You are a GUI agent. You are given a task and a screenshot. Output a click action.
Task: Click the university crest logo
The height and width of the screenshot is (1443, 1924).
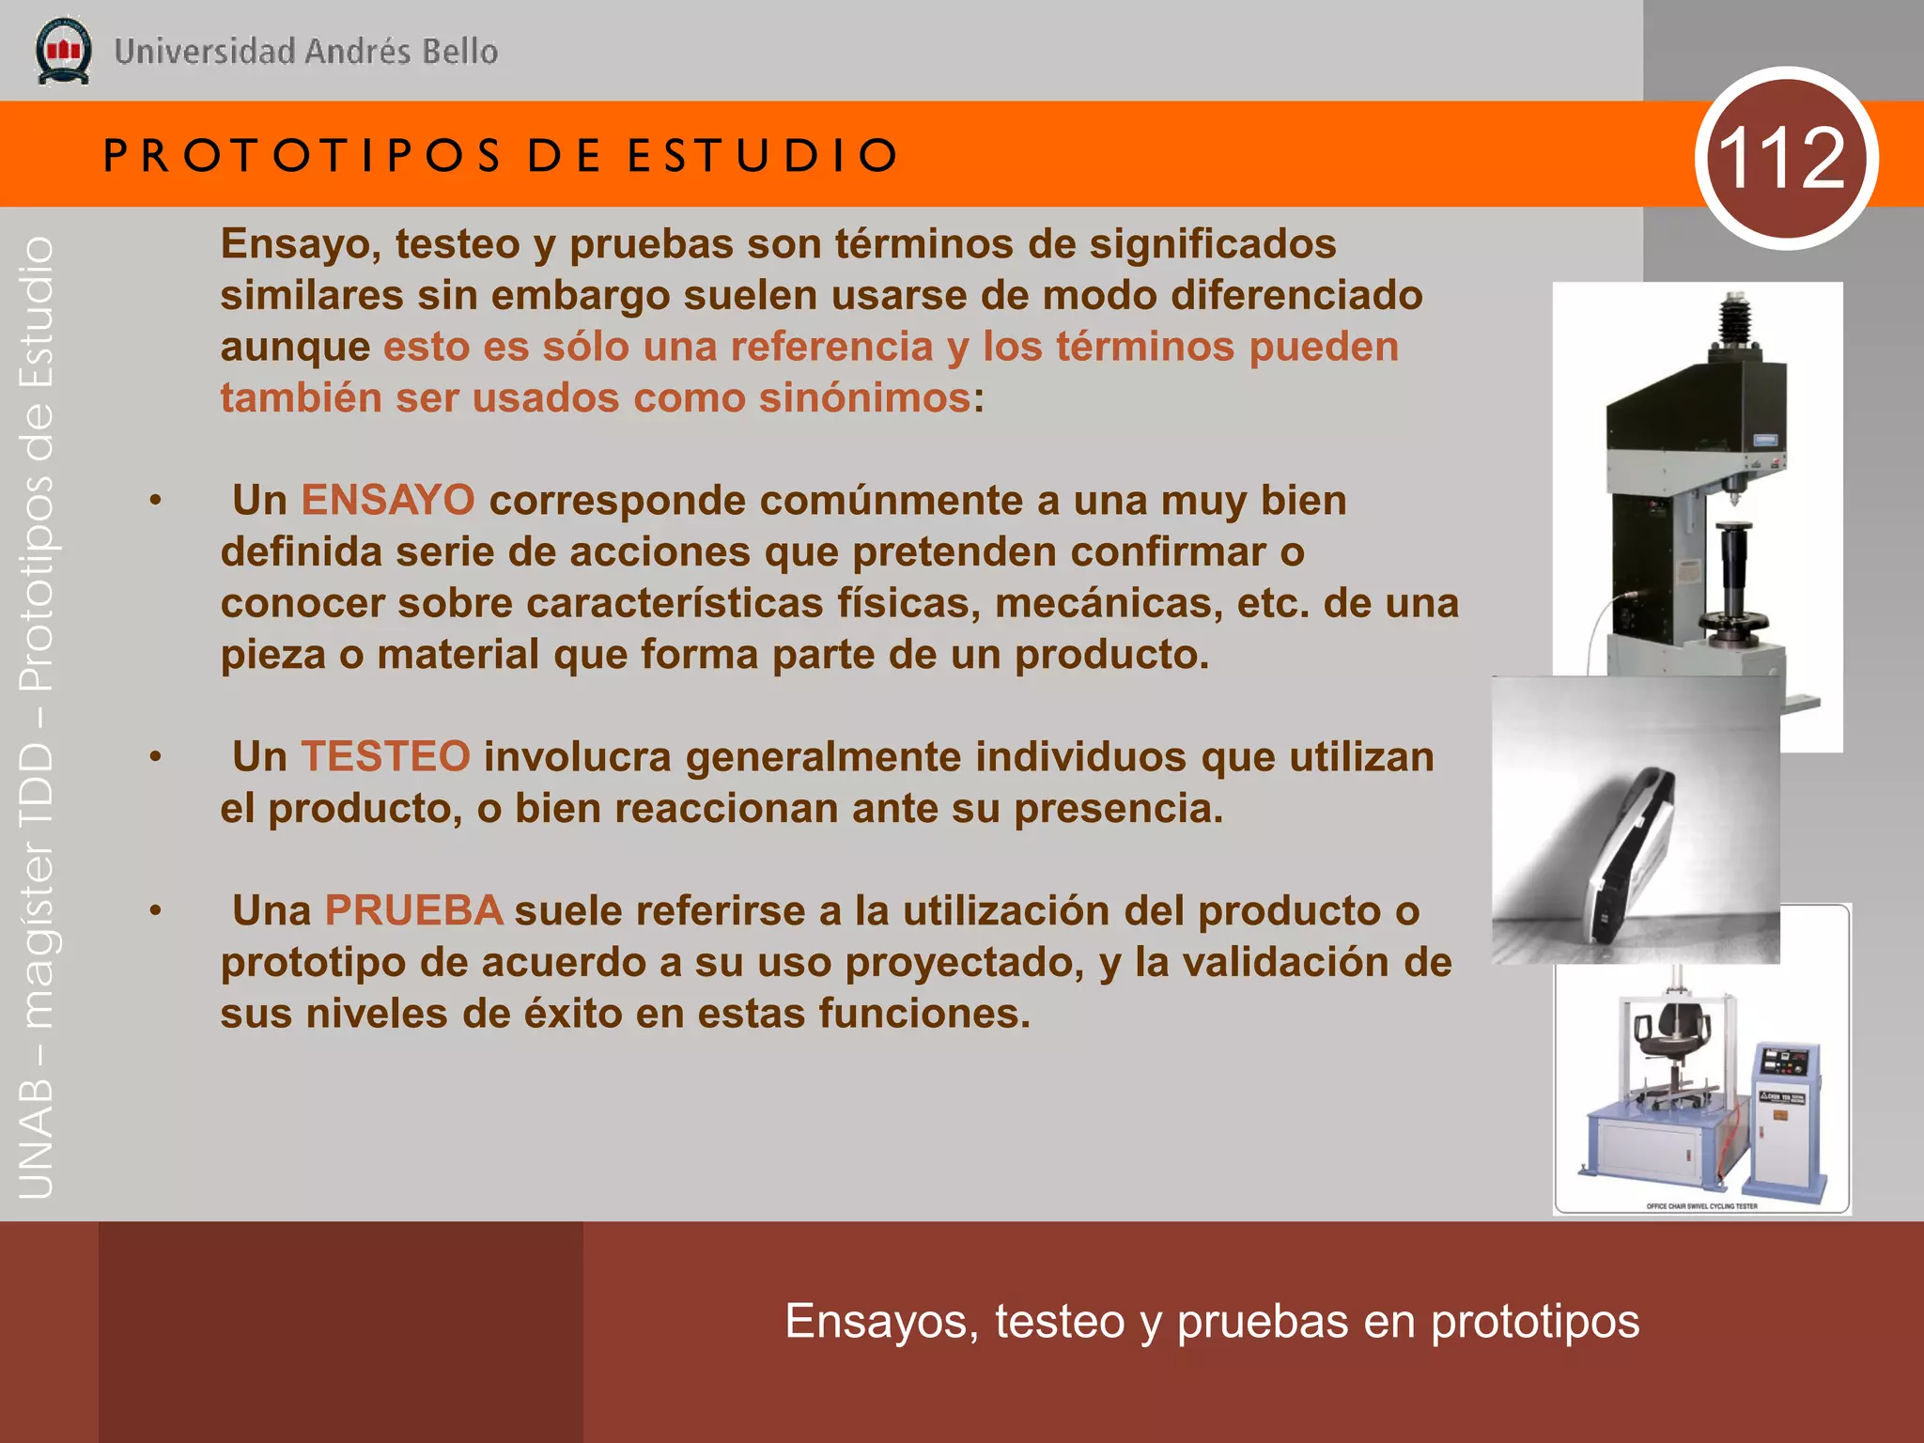coord(63,51)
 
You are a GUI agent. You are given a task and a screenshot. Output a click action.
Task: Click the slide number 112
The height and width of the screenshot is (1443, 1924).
coord(1785,158)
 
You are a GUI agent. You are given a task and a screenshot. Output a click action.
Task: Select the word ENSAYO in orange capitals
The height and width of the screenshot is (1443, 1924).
coord(387,500)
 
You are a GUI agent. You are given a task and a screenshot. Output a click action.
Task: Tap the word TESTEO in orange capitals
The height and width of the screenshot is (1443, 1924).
coord(384,756)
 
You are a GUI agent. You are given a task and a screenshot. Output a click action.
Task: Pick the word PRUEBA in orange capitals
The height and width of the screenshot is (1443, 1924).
coord(413,910)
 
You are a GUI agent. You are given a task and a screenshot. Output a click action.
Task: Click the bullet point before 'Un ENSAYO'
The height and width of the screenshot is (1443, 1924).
coord(156,501)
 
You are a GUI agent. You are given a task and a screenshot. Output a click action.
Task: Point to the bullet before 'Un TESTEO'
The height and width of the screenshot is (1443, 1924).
coord(156,757)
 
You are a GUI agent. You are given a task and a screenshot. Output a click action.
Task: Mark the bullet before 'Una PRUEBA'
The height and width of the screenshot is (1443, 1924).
coord(156,911)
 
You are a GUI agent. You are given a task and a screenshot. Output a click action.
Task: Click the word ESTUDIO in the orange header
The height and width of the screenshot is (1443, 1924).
coord(763,155)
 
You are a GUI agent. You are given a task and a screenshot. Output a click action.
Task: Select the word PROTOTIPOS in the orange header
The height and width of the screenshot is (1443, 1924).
coord(303,155)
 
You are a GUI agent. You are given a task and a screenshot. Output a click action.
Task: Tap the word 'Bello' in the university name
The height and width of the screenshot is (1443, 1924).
coord(459,52)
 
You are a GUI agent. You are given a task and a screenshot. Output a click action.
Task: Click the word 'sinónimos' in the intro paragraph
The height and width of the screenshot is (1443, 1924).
coord(864,397)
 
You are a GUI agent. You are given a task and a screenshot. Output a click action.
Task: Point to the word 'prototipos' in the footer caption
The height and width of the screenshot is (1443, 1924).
coord(1535,1322)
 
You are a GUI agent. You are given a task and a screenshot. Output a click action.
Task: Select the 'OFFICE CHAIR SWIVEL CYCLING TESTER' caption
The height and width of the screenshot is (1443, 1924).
coord(1701,1206)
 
